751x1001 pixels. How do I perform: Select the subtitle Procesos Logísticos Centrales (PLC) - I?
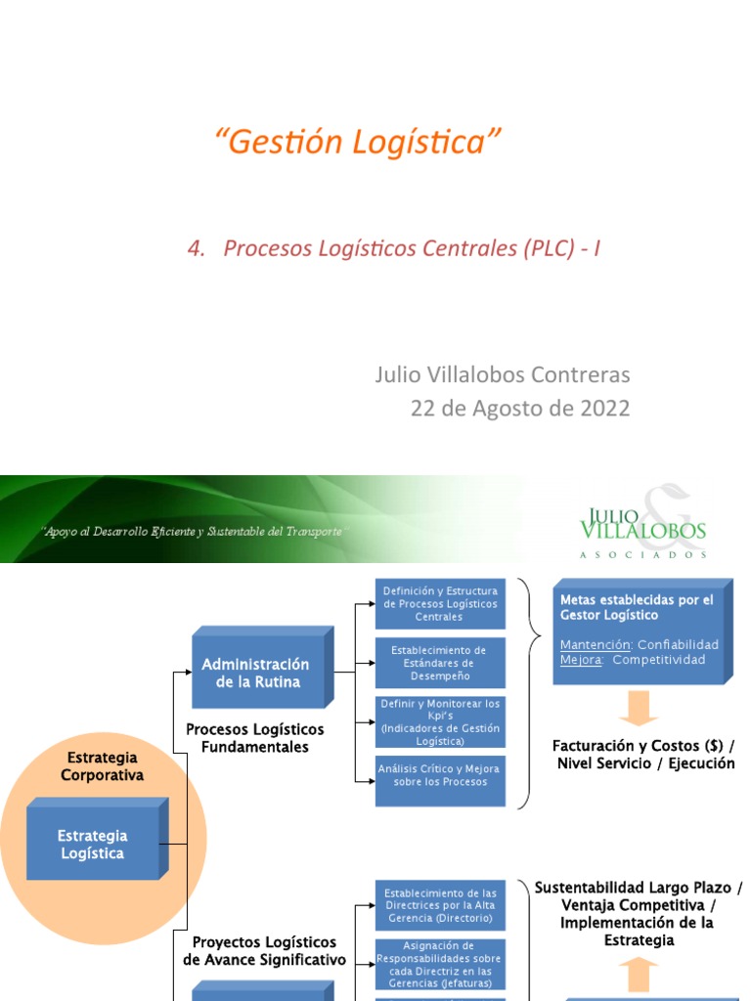pos(393,249)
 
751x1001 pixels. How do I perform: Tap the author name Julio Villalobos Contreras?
pos(503,374)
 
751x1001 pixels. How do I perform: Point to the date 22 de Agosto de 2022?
pos(520,408)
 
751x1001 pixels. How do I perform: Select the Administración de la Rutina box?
pos(256,674)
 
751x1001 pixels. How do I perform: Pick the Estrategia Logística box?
pos(93,845)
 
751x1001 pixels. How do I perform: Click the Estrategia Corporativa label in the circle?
pos(103,766)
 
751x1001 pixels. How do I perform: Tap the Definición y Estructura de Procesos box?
pos(440,604)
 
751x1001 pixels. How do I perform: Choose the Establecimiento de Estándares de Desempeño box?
pos(440,663)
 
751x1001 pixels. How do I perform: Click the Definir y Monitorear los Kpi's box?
pos(440,721)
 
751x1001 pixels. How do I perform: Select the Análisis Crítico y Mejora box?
pos(440,780)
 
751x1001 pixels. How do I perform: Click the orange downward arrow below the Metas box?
pos(639,708)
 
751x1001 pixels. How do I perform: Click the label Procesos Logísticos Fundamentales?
pos(254,738)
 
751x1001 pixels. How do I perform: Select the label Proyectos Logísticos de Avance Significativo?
pos(264,951)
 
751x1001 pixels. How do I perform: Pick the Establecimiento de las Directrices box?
pos(440,906)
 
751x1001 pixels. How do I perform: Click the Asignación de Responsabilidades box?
pos(440,965)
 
